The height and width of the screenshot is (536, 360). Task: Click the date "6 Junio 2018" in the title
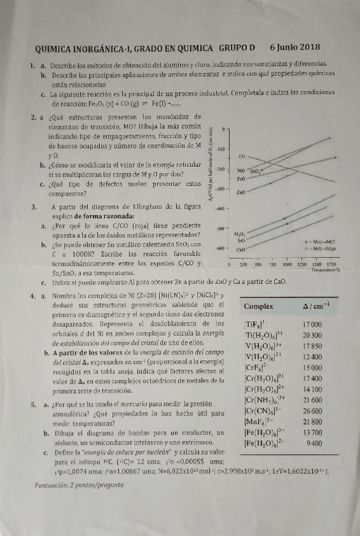294,47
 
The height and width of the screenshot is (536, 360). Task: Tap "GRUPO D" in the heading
237,47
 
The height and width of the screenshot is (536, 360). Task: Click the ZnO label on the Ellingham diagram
241,192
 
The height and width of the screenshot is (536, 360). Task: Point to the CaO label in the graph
241,250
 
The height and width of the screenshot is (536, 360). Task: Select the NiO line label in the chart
241,170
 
